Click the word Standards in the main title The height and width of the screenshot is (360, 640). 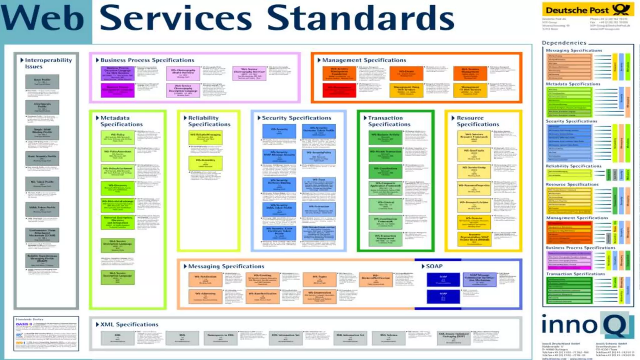coord(360,18)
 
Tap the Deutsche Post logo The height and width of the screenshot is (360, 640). coord(588,9)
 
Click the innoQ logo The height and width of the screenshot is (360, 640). coord(587,325)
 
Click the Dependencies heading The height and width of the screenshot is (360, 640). coord(564,43)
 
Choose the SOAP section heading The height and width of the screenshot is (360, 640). coord(434,266)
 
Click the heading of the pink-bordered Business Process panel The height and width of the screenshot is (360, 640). coord(147,60)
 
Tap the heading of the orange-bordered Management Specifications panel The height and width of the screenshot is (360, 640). coord(364,60)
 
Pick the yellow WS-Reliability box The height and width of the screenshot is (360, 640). coord(205,163)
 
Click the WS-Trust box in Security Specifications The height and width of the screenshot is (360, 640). coord(319,185)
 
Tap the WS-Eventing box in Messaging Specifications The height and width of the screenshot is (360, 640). coord(262,279)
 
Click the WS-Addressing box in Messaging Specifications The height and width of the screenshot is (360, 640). coord(205,296)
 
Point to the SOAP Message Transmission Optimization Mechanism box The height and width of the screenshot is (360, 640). coord(479,279)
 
